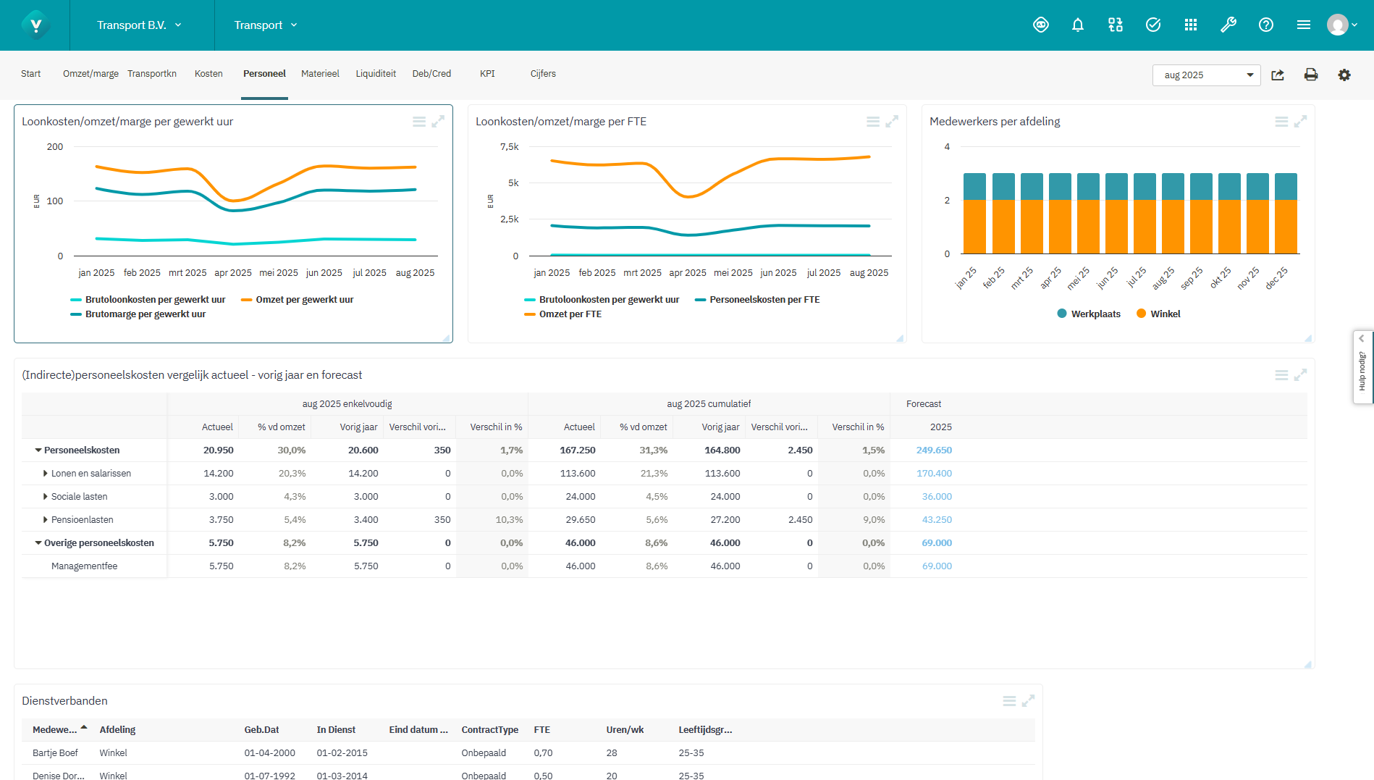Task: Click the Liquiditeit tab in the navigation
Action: tap(376, 74)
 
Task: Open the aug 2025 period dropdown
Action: tap(1206, 75)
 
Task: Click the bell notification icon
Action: tap(1077, 25)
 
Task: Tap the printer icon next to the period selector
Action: tap(1310, 75)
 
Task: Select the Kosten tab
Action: tap(208, 74)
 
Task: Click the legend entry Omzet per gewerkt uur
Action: tap(304, 300)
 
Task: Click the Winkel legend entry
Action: tap(1165, 314)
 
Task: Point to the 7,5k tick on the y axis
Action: tap(509, 147)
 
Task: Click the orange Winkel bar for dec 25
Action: tap(1286, 227)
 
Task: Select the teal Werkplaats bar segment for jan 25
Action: tap(974, 187)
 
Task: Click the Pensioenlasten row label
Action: tap(82, 520)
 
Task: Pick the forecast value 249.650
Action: tap(934, 450)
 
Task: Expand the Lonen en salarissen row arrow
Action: tap(45, 474)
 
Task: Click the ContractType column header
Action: tap(489, 730)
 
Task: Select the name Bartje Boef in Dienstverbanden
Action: tap(55, 753)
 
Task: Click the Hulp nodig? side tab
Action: tap(1362, 368)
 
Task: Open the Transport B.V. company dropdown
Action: tap(139, 25)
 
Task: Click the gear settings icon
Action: tap(1344, 75)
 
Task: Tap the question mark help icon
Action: tap(1265, 25)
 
